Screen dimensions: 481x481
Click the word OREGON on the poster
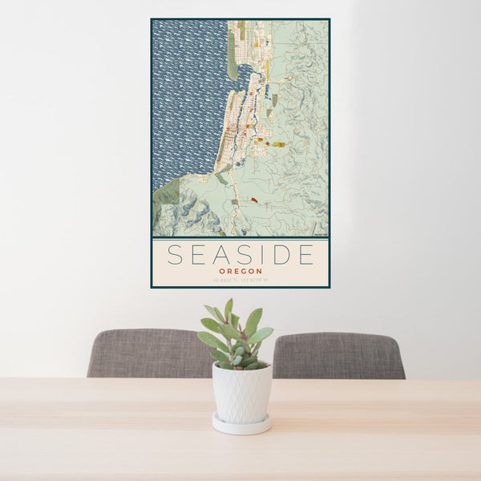click(240, 271)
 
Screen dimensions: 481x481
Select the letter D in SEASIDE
click(281, 255)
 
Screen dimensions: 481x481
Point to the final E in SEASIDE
click(305, 255)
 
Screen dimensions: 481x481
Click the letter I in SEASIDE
click(262, 255)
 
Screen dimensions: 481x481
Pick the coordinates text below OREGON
click(240, 280)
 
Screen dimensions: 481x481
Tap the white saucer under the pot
click(241, 426)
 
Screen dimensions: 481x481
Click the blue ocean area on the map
click(184, 96)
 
